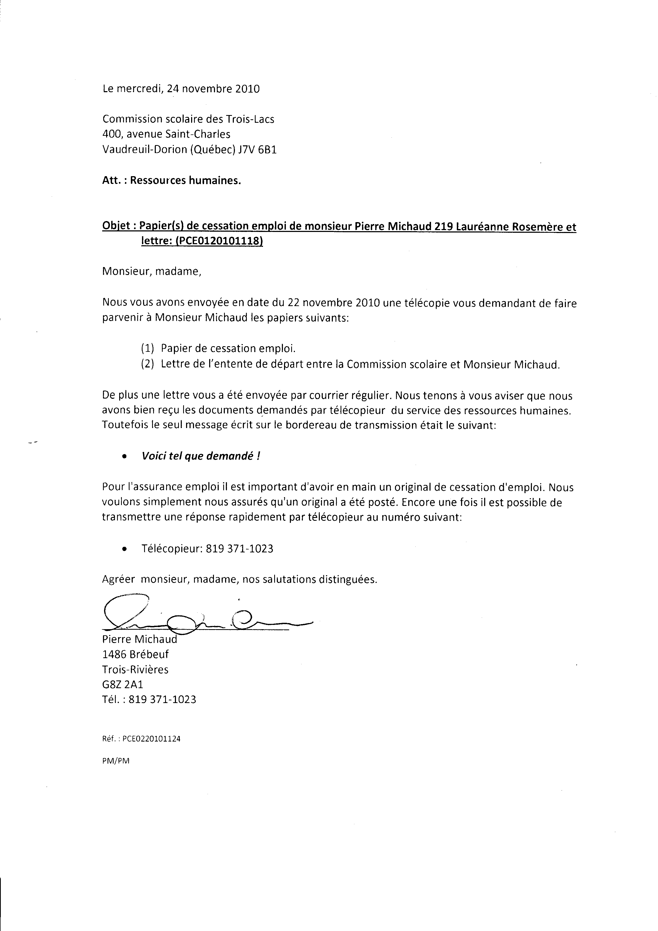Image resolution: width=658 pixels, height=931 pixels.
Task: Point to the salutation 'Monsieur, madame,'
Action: pos(152,272)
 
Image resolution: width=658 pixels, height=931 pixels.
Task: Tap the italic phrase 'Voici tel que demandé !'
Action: pos(201,456)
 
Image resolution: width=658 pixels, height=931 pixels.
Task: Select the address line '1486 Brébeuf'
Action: pos(135,654)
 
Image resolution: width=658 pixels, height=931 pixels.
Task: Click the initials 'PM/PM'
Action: pos(115,761)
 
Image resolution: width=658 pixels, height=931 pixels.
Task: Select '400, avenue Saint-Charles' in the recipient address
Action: pos(166,134)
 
